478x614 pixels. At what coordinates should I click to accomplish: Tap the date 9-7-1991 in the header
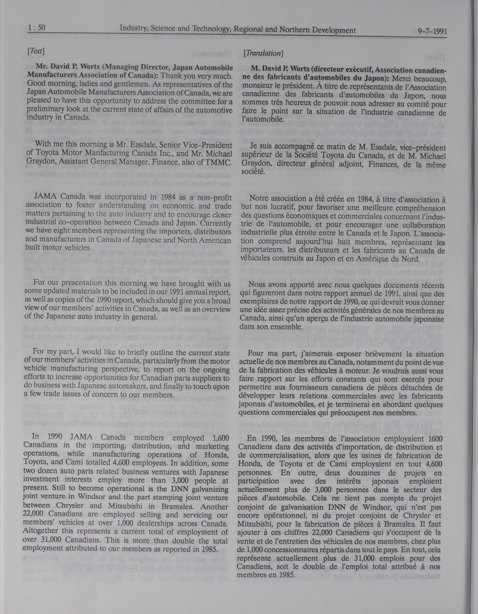[x=432, y=31]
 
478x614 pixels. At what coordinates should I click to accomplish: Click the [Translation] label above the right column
[x=263, y=53]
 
